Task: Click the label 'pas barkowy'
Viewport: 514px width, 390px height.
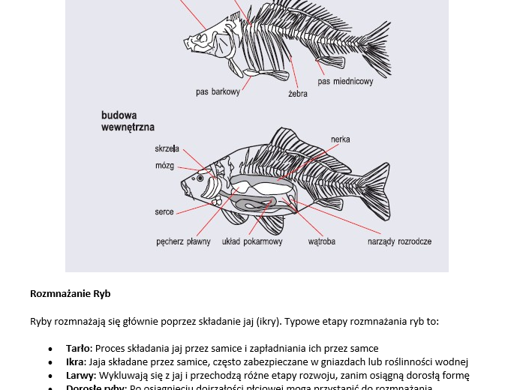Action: (218, 92)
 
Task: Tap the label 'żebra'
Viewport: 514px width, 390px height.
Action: (297, 94)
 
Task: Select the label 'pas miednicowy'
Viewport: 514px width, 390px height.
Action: (345, 82)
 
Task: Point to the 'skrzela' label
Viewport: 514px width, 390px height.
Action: (167, 149)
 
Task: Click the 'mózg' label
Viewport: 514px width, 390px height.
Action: (164, 166)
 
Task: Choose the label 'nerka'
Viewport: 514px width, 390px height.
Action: (340, 139)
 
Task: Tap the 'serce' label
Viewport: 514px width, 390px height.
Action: (164, 212)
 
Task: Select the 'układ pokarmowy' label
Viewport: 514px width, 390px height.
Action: (252, 242)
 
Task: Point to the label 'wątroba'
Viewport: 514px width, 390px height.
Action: (321, 242)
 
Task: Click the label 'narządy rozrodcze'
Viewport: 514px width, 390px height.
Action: (399, 242)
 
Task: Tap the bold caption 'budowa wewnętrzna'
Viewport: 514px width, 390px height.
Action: (128, 121)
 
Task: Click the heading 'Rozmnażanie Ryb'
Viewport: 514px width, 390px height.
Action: (70, 293)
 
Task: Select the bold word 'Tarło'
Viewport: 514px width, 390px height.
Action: (78, 348)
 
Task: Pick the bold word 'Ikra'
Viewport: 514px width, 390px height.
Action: (75, 361)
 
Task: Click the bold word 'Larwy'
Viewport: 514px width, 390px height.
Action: (80, 375)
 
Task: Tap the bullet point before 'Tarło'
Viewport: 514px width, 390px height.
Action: (50, 349)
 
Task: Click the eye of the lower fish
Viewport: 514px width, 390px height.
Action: (200, 178)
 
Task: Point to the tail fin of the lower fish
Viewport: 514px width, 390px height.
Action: (372, 187)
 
